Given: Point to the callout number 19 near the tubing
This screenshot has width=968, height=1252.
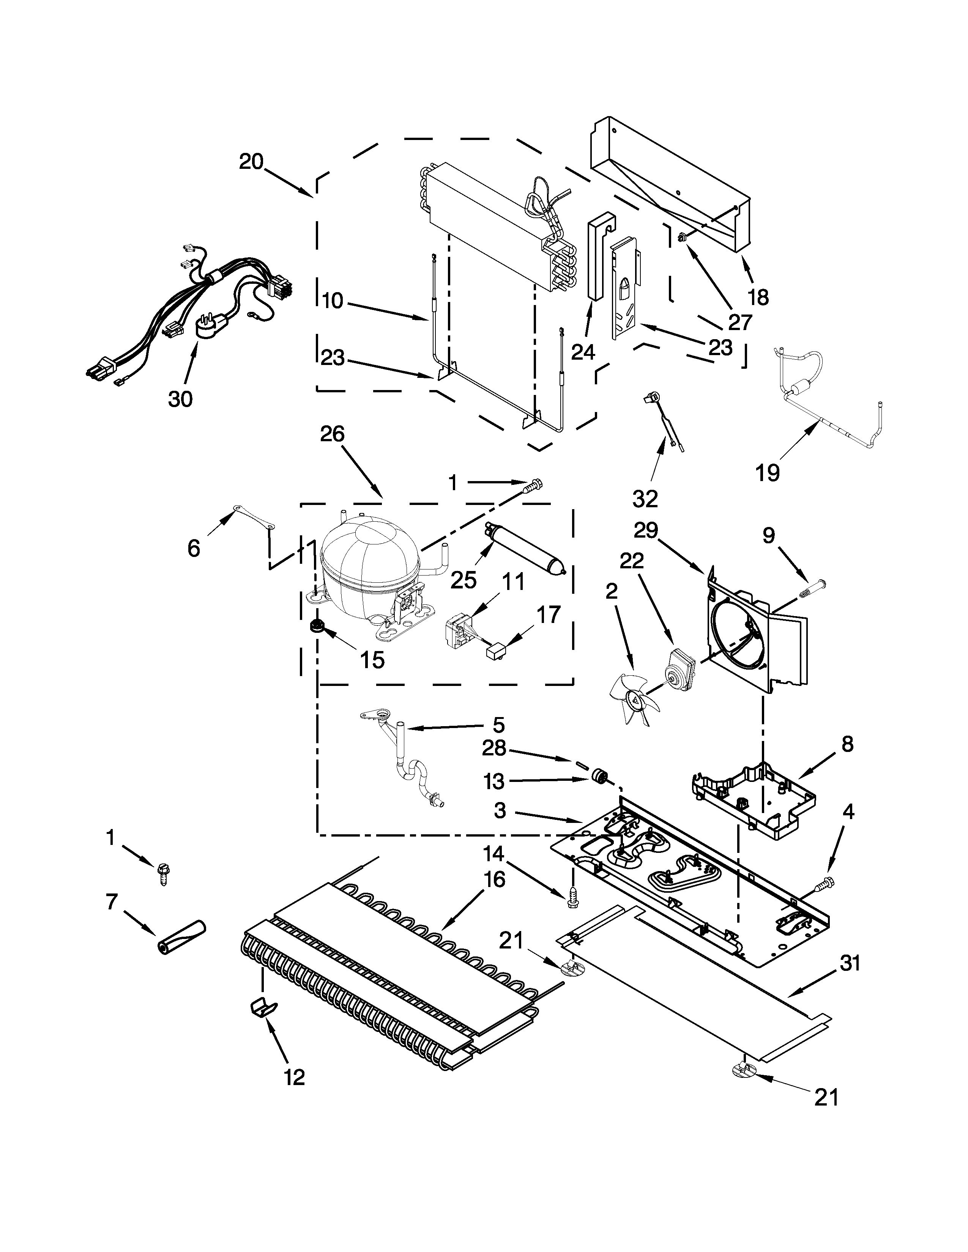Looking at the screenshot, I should [767, 473].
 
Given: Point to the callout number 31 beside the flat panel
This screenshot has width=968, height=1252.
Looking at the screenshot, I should [850, 964].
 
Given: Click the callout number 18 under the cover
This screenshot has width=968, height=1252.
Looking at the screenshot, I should [758, 297].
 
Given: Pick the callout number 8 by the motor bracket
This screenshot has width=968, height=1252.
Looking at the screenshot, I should [847, 744].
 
